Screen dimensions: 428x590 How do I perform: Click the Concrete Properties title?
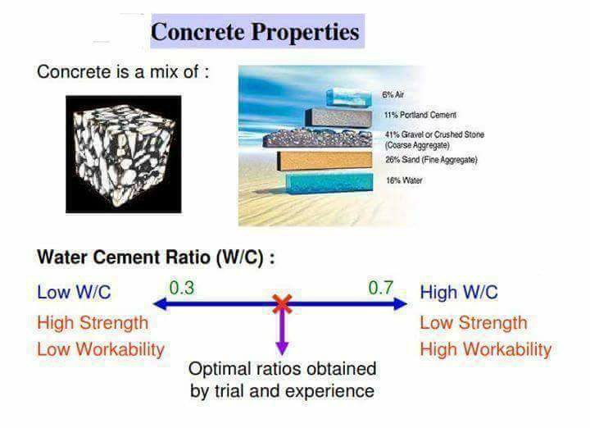point(256,32)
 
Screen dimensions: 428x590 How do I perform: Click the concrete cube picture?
point(124,153)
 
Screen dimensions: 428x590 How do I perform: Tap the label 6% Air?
point(393,95)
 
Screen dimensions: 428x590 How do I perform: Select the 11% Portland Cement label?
point(420,116)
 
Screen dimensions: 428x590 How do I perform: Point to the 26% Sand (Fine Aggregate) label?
point(430,159)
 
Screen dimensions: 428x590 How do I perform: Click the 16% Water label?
point(404,180)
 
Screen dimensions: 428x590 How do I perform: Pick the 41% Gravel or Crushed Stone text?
point(434,134)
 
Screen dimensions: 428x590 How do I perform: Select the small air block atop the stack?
point(347,98)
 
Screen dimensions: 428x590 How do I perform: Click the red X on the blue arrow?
point(282,304)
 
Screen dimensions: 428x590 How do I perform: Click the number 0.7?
point(381,288)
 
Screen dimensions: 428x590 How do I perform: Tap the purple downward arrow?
point(282,333)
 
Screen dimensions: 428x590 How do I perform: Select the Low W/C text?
point(74,292)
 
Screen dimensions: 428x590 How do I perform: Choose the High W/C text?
point(459,293)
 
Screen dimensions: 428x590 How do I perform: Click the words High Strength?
point(93,322)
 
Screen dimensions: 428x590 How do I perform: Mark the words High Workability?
point(486,349)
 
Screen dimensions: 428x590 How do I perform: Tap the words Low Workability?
point(101,349)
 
